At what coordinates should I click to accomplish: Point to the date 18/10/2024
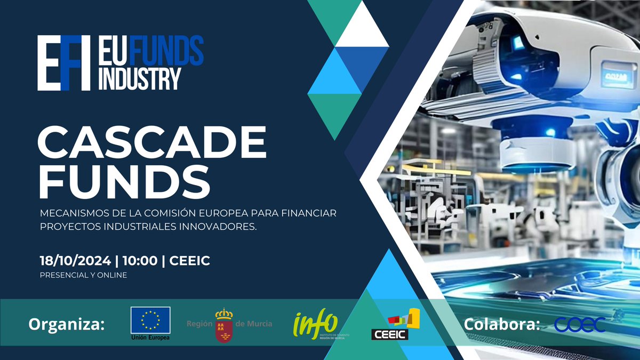pyautogui.click(x=75, y=261)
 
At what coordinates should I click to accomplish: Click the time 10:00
pyautogui.click(x=140, y=261)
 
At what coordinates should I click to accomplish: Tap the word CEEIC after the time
pyautogui.click(x=189, y=261)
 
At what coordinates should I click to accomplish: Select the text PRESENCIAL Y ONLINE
pyautogui.click(x=83, y=275)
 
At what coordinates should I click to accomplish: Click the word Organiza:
pyautogui.click(x=67, y=324)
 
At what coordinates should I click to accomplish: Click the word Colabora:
pyautogui.click(x=502, y=324)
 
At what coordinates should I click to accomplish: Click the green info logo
pyautogui.click(x=316, y=323)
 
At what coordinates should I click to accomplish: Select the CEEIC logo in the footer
pyautogui.click(x=395, y=325)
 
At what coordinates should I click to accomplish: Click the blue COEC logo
pyautogui.click(x=580, y=324)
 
